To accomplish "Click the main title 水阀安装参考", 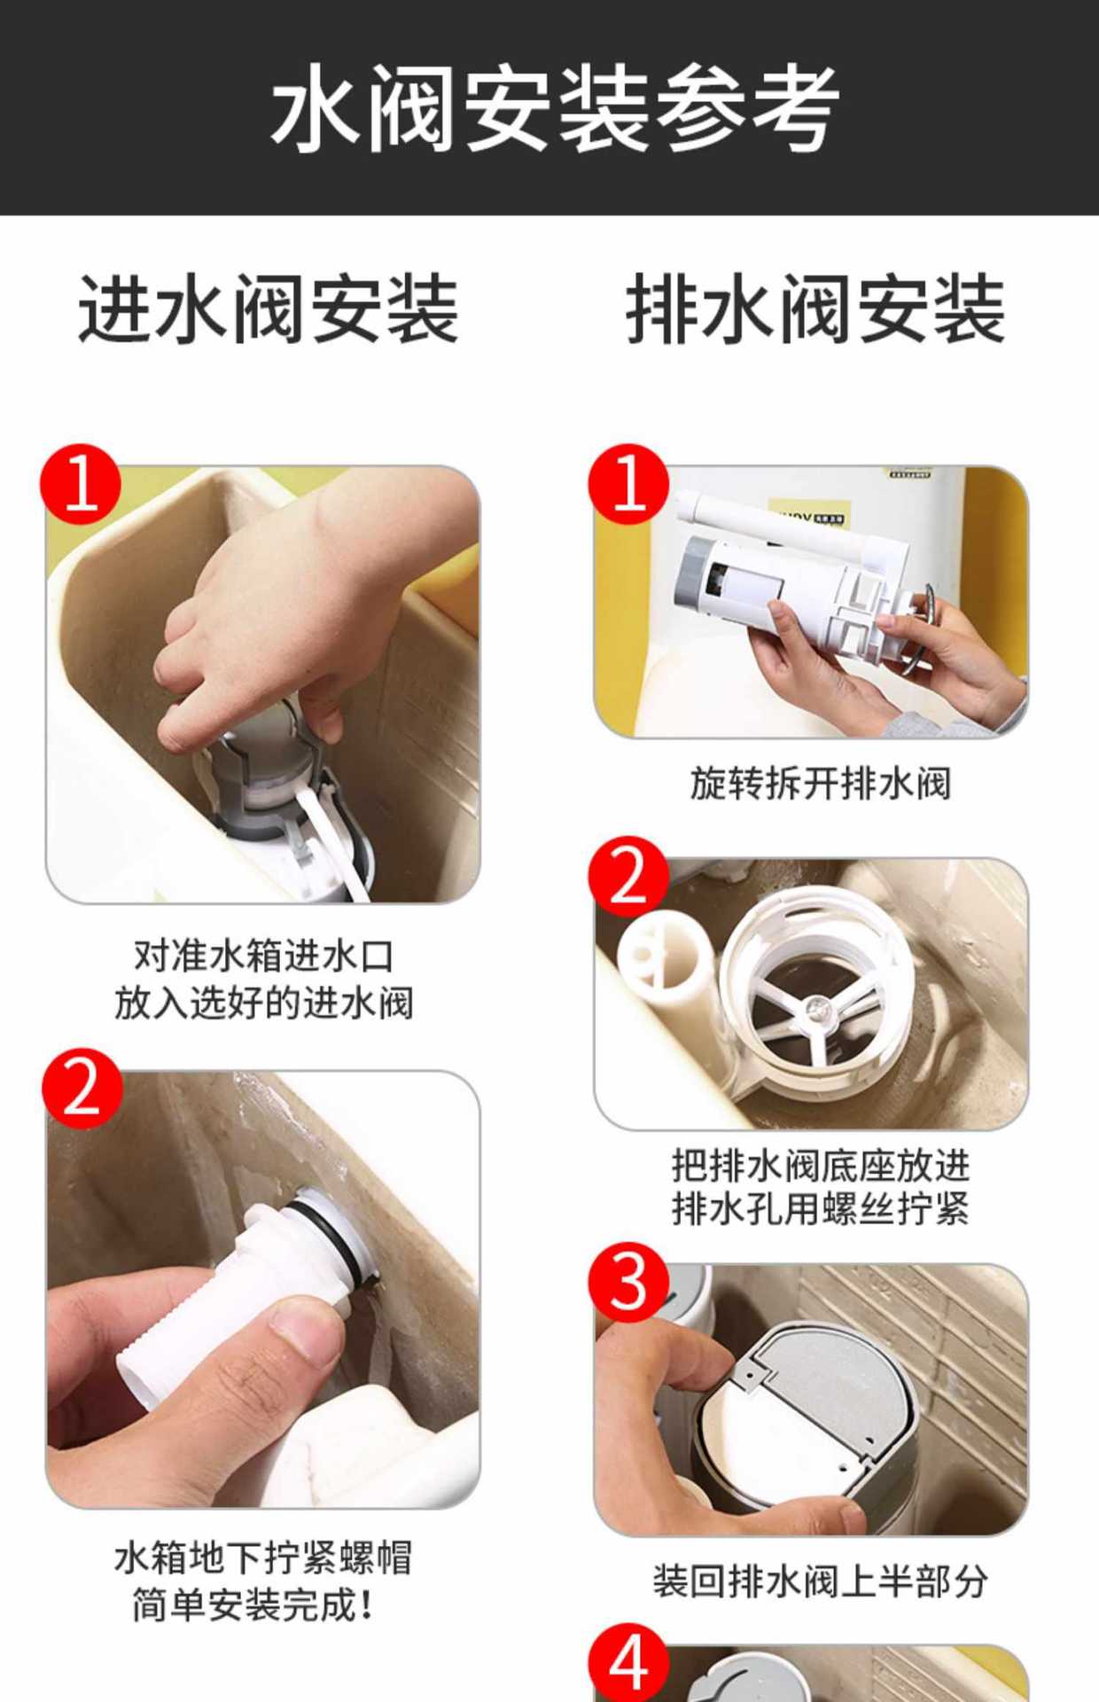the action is (x=555, y=108).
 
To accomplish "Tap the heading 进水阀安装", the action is (x=269, y=308).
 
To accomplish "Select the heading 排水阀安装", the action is (x=815, y=308).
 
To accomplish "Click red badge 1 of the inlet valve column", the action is (x=81, y=484).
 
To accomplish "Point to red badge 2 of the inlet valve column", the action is (x=82, y=1089).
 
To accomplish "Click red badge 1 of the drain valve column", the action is (x=628, y=484).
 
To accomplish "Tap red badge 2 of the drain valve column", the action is (x=628, y=876).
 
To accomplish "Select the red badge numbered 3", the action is (x=628, y=1282).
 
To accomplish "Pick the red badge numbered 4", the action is (x=628, y=1663).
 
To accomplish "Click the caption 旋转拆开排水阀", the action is (x=821, y=784).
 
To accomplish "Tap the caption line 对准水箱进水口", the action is (x=263, y=956).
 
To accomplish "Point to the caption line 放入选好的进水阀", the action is (x=263, y=1003).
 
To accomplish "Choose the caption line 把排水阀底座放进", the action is (x=821, y=1165).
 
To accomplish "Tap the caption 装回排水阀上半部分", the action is (x=821, y=1581).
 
